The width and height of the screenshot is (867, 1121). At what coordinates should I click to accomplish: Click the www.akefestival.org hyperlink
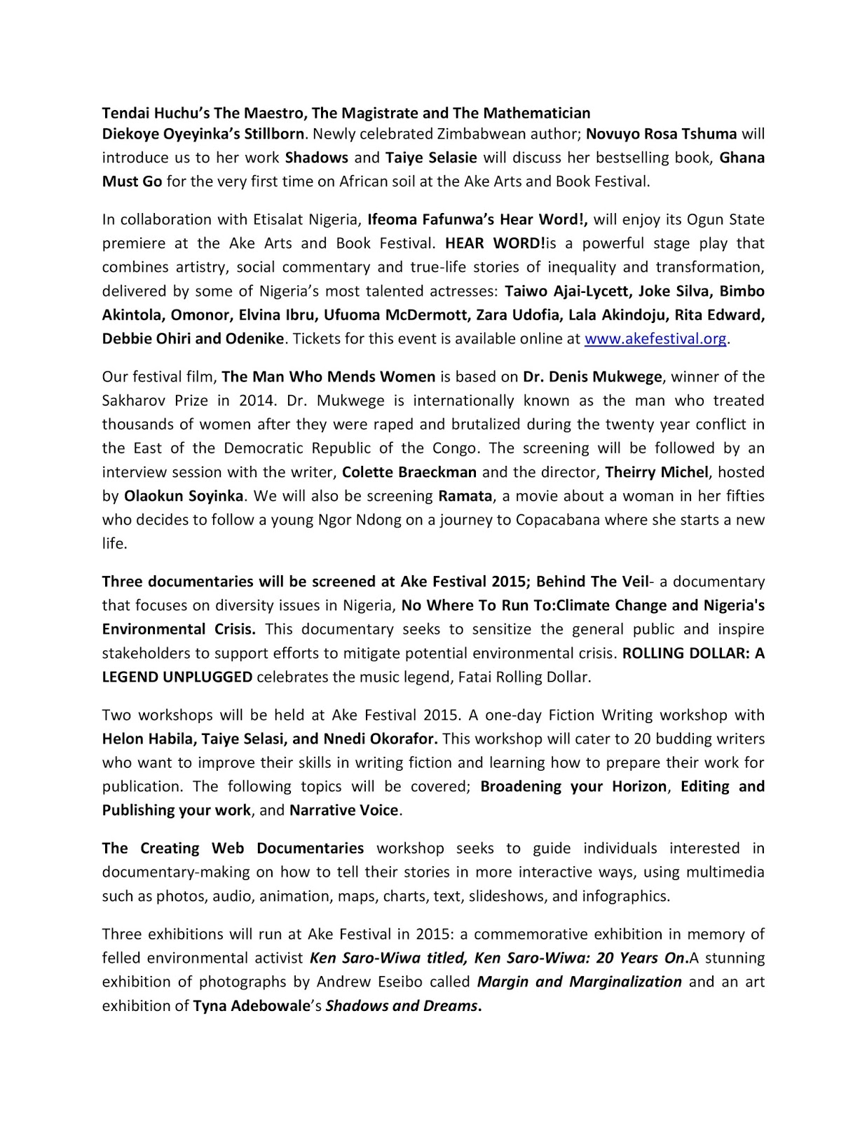pyautogui.click(x=655, y=339)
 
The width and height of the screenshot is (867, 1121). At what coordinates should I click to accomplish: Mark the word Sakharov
pyautogui.click(x=135, y=401)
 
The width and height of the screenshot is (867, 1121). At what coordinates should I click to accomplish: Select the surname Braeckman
pyautogui.click(x=437, y=472)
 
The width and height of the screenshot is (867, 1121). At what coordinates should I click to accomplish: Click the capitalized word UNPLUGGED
pyautogui.click(x=207, y=678)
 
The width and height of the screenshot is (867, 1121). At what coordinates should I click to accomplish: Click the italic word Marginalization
pyautogui.click(x=625, y=982)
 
